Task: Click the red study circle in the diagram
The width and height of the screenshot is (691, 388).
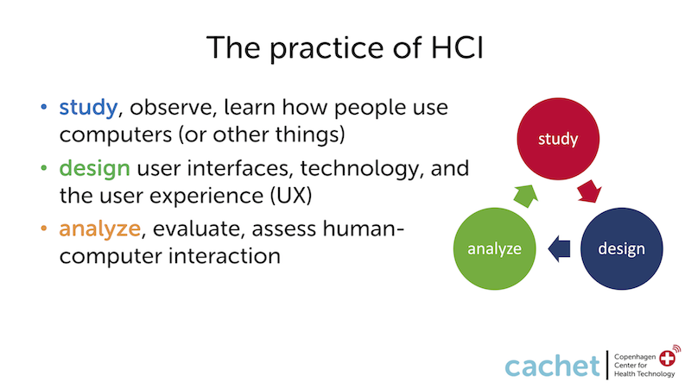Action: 558,139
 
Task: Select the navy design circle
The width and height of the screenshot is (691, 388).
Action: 621,248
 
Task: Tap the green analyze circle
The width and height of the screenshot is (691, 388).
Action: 494,248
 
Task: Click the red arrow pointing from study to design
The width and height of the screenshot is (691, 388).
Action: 590,191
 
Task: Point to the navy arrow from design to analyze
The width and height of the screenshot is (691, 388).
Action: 559,248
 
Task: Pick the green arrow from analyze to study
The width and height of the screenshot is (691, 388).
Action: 526,196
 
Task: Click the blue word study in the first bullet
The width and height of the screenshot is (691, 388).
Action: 88,108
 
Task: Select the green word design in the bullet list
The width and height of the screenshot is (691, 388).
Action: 95,168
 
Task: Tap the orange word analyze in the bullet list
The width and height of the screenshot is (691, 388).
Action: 99,228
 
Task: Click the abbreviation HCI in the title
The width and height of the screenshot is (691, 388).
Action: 458,47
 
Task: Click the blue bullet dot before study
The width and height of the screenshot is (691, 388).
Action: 44,107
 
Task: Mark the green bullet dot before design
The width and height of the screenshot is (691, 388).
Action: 44,167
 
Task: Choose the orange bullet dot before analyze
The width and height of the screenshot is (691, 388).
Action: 44,228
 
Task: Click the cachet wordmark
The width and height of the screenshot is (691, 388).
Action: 553,365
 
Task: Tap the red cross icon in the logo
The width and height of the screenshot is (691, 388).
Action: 667,358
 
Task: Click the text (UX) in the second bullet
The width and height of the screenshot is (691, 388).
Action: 291,196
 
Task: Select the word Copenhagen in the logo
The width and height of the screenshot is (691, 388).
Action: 635,357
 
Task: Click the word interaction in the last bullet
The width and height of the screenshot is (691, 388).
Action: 225,256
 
